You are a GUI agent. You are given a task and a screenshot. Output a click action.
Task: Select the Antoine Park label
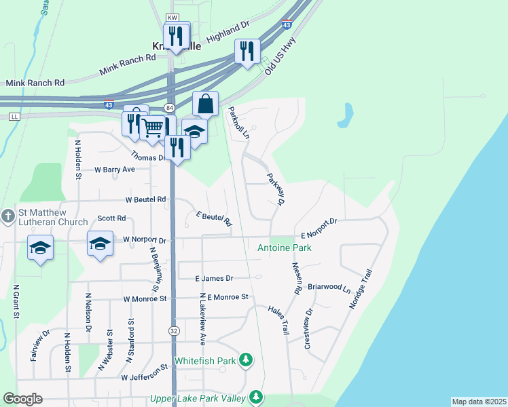(x=284, y=248)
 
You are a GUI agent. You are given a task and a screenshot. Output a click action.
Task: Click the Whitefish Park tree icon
(x=247, y=360)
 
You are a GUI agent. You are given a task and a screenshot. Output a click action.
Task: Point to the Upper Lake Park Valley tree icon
(x=256, y=395)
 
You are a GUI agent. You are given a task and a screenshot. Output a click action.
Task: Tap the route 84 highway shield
(x=168, y=109)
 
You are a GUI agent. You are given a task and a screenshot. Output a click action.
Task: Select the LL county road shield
(x=14, y=117)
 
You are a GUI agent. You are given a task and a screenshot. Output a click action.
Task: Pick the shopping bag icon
(x=205, y=104)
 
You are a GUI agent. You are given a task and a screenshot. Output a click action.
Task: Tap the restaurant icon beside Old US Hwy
(x=247, y=50)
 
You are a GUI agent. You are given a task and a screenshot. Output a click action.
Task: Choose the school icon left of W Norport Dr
(x=100, y=244)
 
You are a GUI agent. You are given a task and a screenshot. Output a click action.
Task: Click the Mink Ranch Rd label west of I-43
(x=35, y=83)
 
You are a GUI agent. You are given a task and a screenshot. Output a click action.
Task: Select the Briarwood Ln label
(x=328, y=288)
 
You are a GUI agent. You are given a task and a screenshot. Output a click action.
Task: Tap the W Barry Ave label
(x=115, y=170)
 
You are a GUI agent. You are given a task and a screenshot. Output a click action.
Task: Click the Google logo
(x=22, y=399)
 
